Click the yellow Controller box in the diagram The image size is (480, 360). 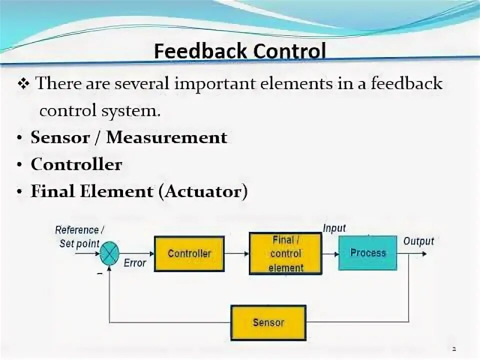coord(189,253)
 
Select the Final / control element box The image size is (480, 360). coord(285,253)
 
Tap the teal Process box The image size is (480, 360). coord(367,253)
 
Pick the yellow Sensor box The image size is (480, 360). coord(268,322)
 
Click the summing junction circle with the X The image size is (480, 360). coord(109,254)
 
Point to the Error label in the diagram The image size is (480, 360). coord(134,263)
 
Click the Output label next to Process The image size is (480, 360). coord(418,241)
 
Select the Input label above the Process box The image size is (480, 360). coord(334,228)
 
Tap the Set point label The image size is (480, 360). coord(79,244)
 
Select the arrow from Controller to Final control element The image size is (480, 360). coord(236,253)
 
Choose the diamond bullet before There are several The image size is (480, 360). coord(24,84)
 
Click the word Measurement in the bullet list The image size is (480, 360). coord(166,137)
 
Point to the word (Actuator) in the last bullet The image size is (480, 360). coord(202,191)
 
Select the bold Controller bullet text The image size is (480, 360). coord(76,164)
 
